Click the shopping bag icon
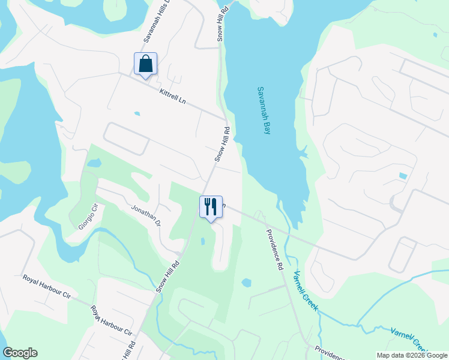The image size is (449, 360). click(145, 64)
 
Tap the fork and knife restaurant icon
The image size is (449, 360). click(211, 207)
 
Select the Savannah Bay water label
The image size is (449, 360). click(265, 110)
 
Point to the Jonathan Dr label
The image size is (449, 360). click(146, 215)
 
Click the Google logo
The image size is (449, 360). click(20, 353)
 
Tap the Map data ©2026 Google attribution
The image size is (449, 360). click(412, 355)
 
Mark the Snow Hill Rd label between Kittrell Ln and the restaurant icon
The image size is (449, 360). click(223, 144)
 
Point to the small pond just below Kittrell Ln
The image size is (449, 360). click(137, 113)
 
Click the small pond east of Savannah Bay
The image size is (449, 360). click(402, 176)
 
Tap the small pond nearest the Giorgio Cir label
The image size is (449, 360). click(94, 163)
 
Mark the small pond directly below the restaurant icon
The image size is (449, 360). click(203, 241)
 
